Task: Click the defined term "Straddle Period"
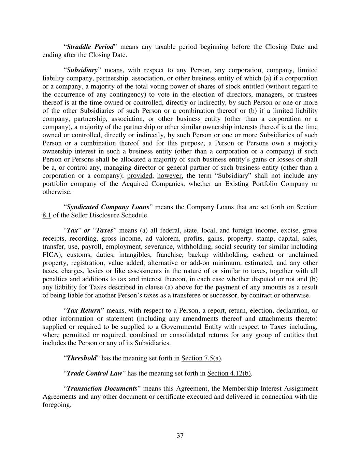pyautogui.click(x=90, y=47)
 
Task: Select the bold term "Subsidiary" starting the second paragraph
pyautogui.click(x=82, y=70)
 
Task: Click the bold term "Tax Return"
pyautogui.click(x=84, y=311)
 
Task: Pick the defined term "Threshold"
pyautogui.click(x=81, y=358)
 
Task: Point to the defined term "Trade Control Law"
pyautogui.click(x=94, y=373)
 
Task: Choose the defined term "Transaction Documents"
pyautogui.click(x=102, y=389)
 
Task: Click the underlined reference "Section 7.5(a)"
pyautogui.click(x=201, y=358)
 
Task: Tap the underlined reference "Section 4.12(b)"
pyautogui.click(x=229, y=373)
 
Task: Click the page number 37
pyautogui.click(x=180, y=436)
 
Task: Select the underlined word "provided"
pyautogui.click(x=140, y=176)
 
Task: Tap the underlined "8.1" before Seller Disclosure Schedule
pyautogui.click(x=47, y=215)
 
